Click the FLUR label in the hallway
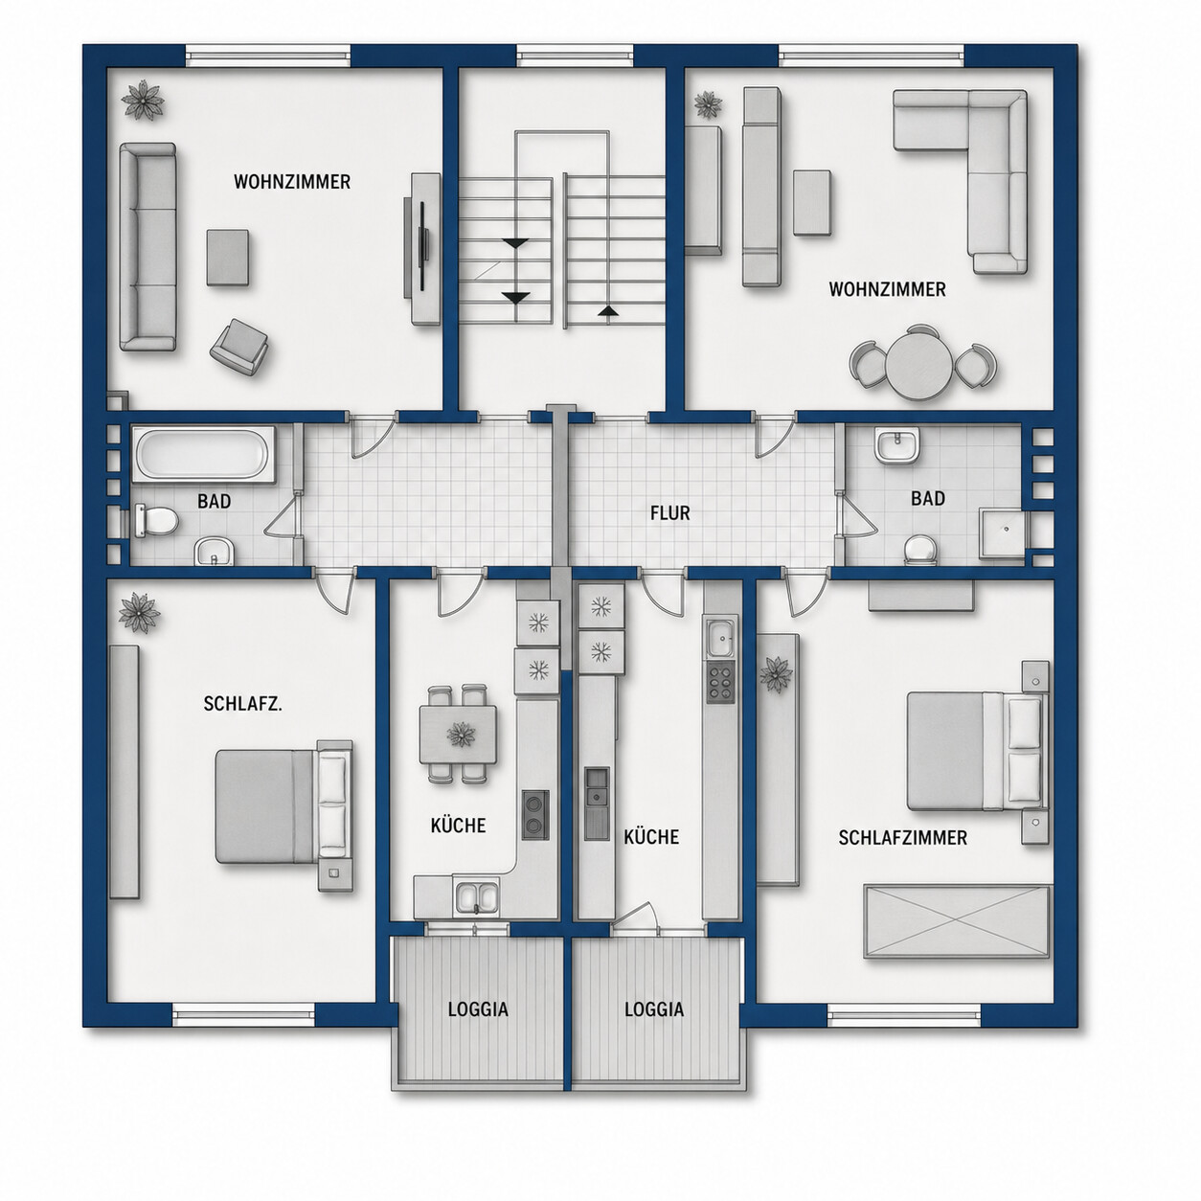pyautogui.click(x=670, y=513)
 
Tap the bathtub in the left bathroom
pyautogui.click(x=204, y=453)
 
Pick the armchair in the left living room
pyautogui.click(x=238, y=347)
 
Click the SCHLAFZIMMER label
pyautogui.click(x=902, y=838)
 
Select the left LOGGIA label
pyautogui.click(x=478, y=1009)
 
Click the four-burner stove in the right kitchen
pyautogui.click(x=720, y=682)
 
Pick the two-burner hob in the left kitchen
pyautogui.click(x=535, y=813)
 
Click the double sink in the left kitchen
pyautogui.click(x=476, y=897)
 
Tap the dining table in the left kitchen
pyautogui.click(x=458, y=735)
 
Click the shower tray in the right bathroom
pyautogui.click(x=1002, y=533)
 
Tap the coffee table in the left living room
pyautogui.click(x=228, y=258)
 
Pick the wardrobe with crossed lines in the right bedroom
pyautogui.click(x=957, y=921)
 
